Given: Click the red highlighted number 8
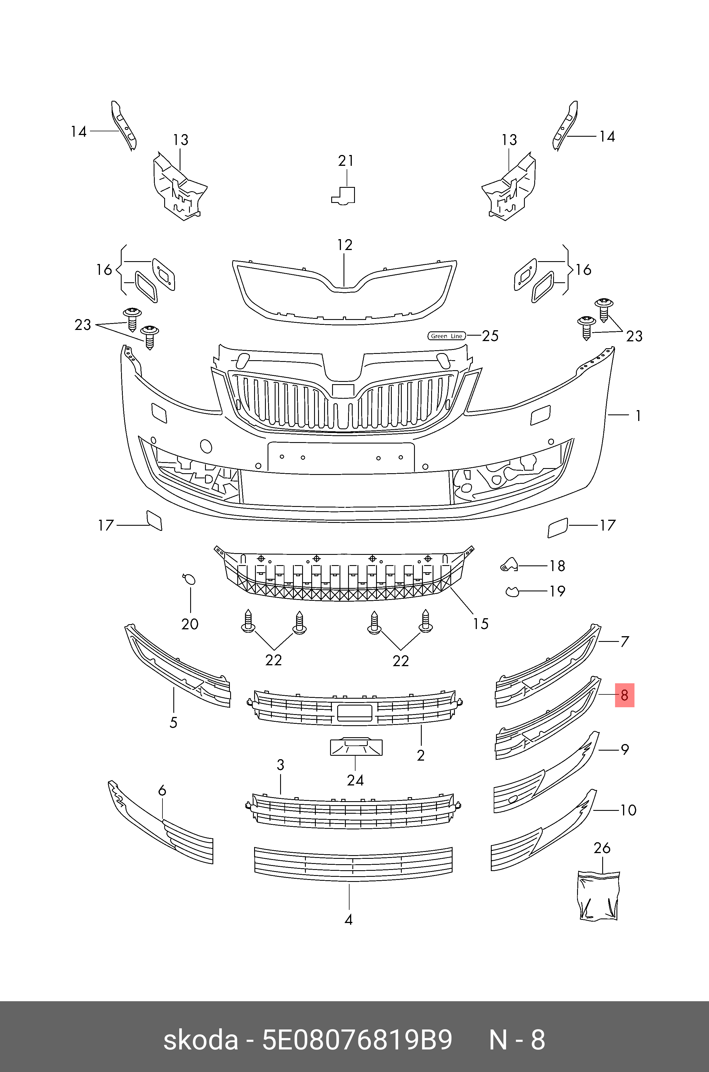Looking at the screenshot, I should (624, 695).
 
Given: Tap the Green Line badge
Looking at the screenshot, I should (446, 336).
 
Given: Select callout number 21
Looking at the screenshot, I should (346, 161).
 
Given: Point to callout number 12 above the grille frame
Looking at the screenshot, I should (345, 245).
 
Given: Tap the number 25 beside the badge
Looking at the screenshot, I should (490, 336).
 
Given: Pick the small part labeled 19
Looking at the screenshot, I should (512, 591).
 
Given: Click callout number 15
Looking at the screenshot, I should (481, 624).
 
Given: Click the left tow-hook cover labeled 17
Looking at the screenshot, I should (154, 521).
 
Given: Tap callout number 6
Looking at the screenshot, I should (162, 790).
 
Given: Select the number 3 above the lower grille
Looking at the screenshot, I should (280, 765).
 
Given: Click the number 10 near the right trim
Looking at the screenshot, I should (628, 810).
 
